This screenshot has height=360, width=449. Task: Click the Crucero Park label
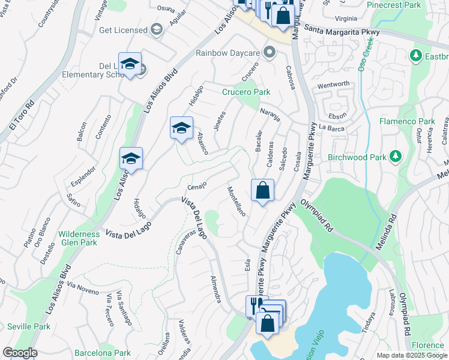pyautogui.click(x=246, y=92)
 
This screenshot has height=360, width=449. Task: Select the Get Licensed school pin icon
pyautogui.click(x=157, y=29)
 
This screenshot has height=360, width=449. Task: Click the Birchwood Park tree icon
pyautogui.click(x=395, y=157)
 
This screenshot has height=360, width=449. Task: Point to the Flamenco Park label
pyautogui.click(x=407, y=121)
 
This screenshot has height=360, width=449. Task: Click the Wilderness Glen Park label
pyautogui.click(x=78, y=238)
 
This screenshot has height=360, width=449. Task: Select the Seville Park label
pyautogui.click(x=29, y=326)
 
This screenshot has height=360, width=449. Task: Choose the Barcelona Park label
pyautogui.click(x=105, y=353)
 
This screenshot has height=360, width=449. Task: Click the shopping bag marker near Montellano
pyautogui.click(x=262, y=191)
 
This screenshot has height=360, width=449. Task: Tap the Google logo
pyautogui.click(x=19, y=352)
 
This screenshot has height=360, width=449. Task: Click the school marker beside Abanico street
pyautogui.click(x=181, y=128)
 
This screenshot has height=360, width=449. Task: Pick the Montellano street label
pyautogui.click(x=236, y=202)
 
